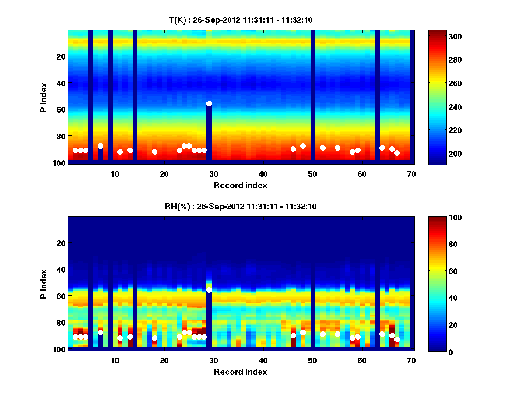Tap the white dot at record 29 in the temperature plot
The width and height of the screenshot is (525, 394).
pos(209,103)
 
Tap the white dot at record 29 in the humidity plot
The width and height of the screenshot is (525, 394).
pos(209,290)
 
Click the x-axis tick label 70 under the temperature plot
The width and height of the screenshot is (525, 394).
pos(411,173)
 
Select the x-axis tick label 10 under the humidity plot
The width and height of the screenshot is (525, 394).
pos(115,360)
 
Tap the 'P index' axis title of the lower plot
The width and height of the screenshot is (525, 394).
pos(44,284)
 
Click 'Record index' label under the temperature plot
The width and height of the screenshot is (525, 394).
pos(240,185)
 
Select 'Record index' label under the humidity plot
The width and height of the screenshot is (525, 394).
pos(240,372)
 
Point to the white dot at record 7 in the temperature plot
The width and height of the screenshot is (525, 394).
pos(100,146)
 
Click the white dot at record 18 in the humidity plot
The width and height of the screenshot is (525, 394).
pos(154,338)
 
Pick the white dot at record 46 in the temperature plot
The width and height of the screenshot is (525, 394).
pos(293,149)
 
